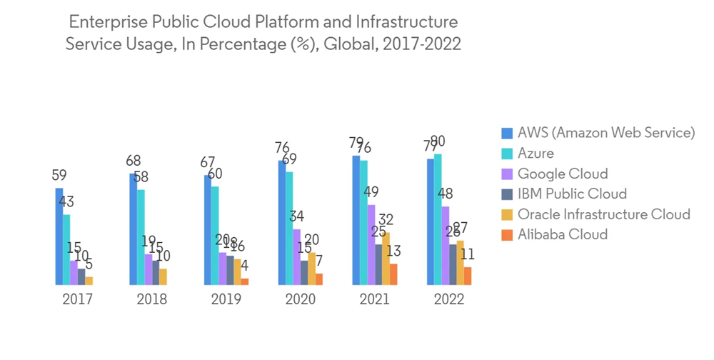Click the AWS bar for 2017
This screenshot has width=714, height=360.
[x=59, y=236]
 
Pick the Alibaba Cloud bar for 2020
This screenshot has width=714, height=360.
[x=319, y=279]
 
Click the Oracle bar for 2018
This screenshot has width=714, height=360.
[x=163, y=277]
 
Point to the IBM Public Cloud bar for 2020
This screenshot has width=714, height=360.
[x=304, y=272]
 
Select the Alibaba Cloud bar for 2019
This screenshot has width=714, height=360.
[x=245, y=281]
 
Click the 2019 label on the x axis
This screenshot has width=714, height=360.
[x=226, y=299]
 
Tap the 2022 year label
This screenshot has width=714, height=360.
[x=449, y=299]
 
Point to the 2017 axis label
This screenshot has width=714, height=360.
[x=77, y=299]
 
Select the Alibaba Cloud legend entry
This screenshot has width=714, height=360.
[x=563, y=234]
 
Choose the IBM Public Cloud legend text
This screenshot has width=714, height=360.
[x=572, y=194]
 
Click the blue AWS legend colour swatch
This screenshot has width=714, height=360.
[x=508, y=133]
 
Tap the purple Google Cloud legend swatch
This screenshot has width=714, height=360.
[x=508, y=174]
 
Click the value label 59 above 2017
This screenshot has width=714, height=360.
[x=60, y=175]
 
